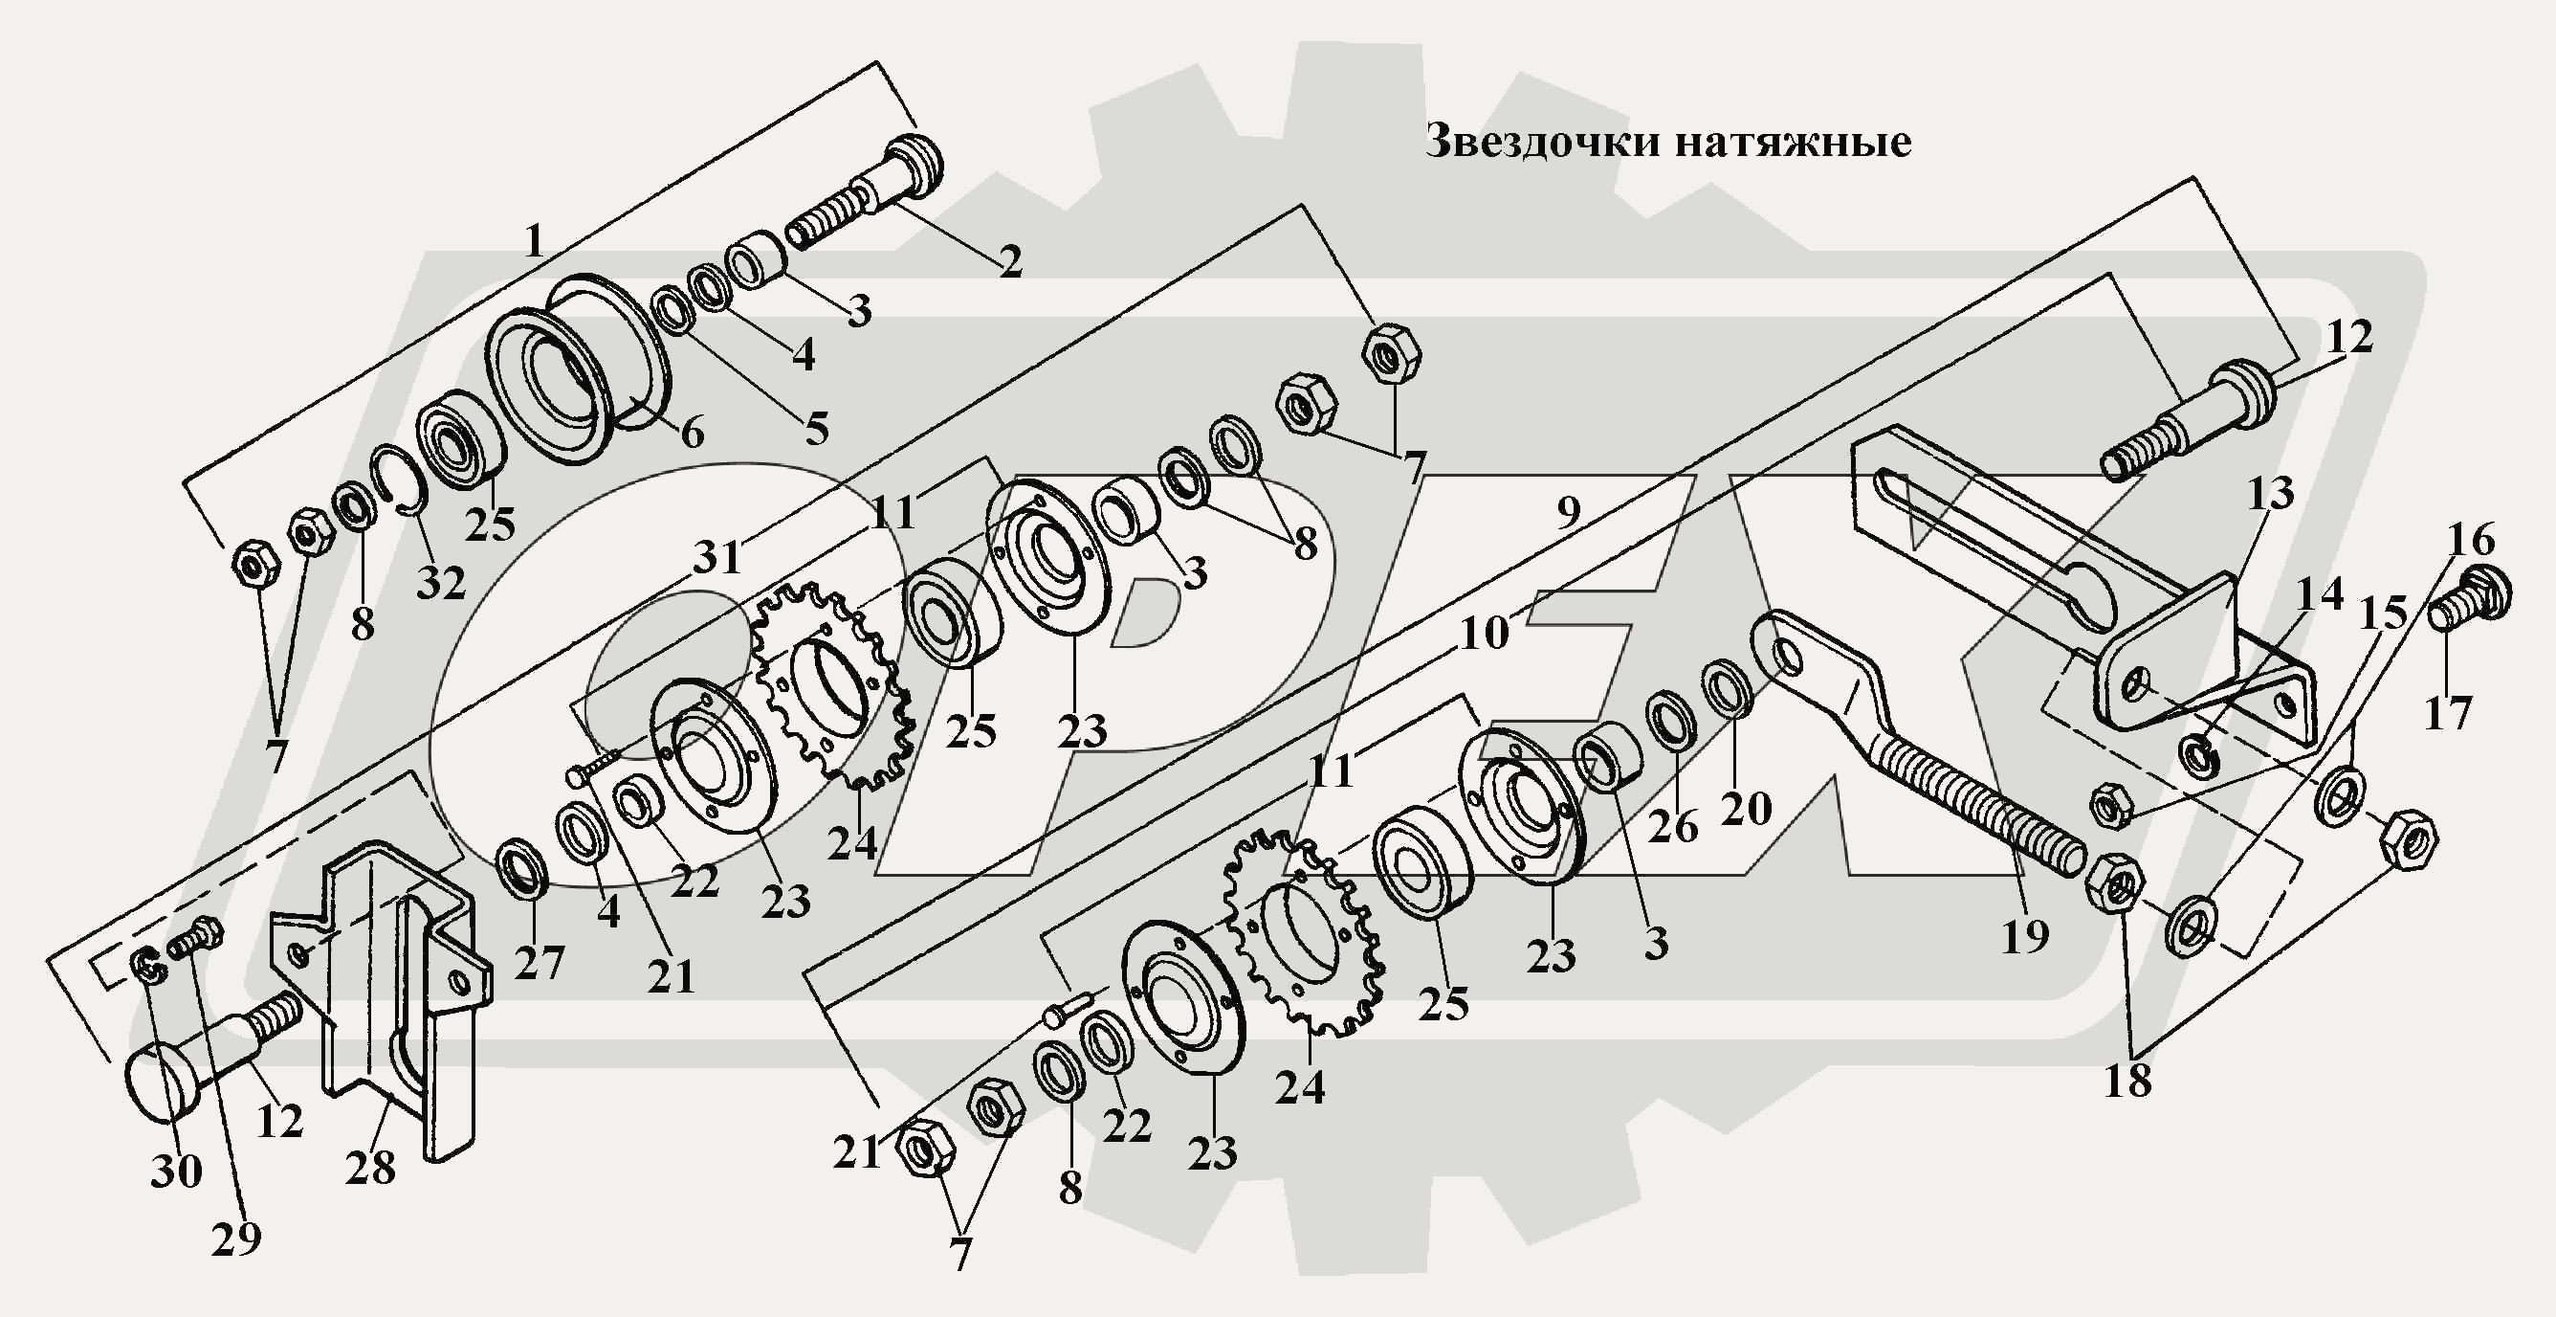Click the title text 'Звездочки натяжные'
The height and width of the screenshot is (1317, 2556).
tap(1668, 142)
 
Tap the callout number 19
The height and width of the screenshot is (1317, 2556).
tap(2024, 935)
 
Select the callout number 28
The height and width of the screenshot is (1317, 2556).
tap(370, 1167)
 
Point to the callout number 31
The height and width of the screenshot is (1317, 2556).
tap(716, 558)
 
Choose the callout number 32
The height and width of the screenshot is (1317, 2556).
tap(441, 584)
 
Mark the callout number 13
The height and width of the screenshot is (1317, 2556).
tap(2270, 492)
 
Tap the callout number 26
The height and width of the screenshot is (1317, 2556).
tap(1673, 826)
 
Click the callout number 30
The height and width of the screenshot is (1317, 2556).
tap(176, 1172)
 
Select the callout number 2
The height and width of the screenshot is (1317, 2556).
tap(1009, 261)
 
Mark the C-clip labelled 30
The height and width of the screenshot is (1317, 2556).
tap(149, 967)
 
